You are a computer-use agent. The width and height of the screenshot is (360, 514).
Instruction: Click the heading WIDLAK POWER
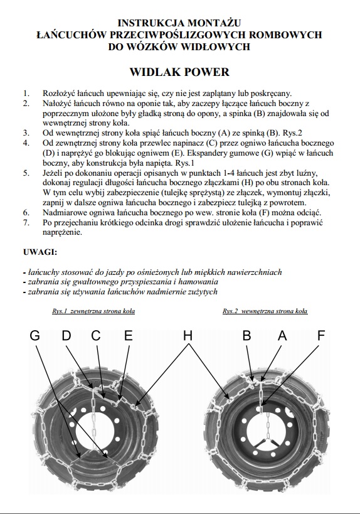tap(179, 72)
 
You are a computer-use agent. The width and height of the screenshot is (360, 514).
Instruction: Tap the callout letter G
tap(34, 336)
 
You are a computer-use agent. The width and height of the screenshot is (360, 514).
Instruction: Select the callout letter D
tap(66, 336)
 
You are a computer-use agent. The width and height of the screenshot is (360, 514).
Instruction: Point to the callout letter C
tap(96, 336)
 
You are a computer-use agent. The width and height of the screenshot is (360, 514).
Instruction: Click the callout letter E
tap(129, 336)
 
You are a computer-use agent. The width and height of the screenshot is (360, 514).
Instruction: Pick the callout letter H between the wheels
tap(188, 336)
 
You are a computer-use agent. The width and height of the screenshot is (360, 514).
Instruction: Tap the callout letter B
tap(246, 336)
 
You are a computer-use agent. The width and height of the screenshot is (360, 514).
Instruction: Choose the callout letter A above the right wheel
tap(282, 336)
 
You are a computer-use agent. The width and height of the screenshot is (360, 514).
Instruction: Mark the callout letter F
tap(321, 336)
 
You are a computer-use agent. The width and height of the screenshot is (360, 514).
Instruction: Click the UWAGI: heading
tap(40, 252)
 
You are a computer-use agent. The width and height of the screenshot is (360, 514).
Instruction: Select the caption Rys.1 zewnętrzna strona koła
tap(93, 311)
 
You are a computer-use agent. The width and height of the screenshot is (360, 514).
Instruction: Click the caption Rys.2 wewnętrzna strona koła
tap(265, 311)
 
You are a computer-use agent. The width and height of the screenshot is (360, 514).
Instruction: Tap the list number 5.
tap(26, 173)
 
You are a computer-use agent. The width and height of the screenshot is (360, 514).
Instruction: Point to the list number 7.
tap(26, 223)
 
